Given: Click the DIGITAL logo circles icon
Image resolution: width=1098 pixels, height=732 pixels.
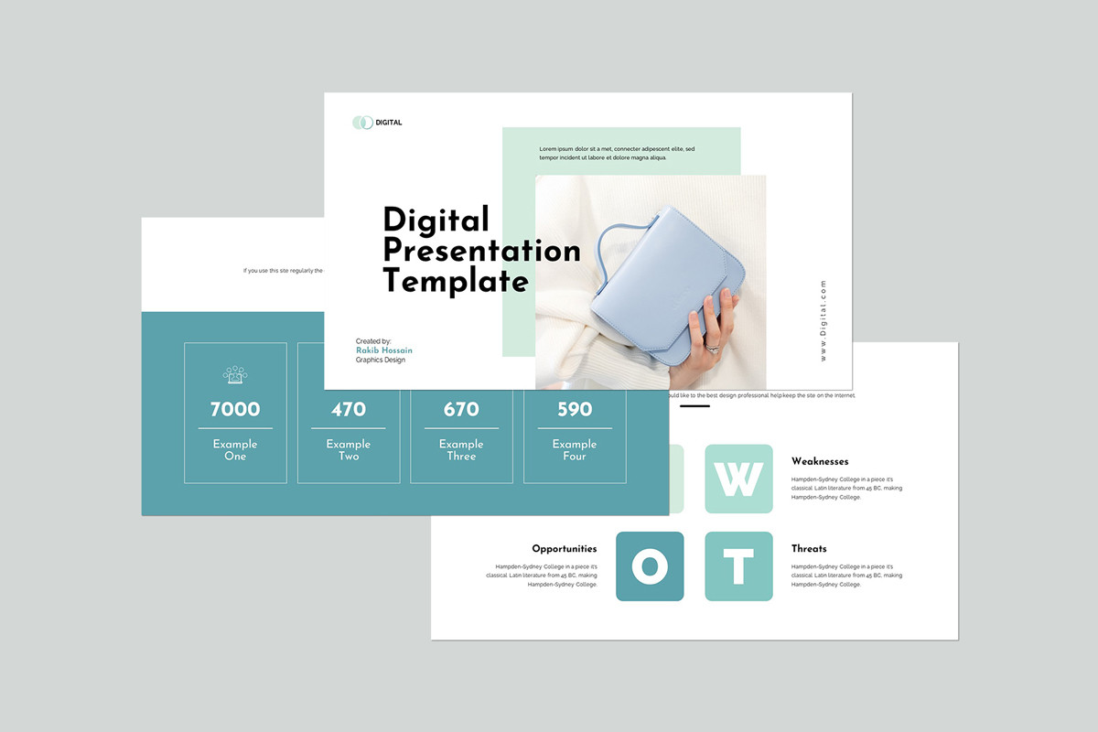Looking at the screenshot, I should coord(362,123).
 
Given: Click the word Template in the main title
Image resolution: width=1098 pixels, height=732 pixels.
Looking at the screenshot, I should coord(456,280).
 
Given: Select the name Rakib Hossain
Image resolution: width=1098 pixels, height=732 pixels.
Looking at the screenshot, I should coord(384,350).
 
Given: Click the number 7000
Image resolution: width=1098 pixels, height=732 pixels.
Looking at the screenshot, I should coord(235,409).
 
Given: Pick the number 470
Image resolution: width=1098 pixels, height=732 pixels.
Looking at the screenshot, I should coord(349,409).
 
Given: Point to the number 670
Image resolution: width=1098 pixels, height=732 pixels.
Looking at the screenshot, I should coord(461,409).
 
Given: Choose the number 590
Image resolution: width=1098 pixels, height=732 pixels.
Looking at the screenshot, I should coord(575,409).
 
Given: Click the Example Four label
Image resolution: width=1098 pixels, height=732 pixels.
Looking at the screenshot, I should coord(575,449).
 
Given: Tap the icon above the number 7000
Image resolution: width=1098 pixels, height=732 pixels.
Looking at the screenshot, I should coord(235,374).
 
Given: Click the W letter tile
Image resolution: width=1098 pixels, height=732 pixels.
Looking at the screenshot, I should coord(738,479).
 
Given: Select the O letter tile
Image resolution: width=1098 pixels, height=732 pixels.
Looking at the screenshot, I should coord(650,566).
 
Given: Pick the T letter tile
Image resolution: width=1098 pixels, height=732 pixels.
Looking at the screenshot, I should coord(738,566).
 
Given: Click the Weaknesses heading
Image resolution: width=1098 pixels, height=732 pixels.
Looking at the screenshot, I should coord(820,461).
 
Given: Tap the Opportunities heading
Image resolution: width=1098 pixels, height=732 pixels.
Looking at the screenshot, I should coord(564,549).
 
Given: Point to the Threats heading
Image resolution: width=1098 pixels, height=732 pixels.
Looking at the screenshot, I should coord(809,549).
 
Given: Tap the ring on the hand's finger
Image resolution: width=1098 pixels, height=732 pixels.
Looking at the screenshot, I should coord(711,348).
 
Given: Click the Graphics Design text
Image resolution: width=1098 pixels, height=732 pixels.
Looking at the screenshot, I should coord(381,361).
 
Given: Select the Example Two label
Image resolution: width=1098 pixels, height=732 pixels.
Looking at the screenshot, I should coord(349,449).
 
